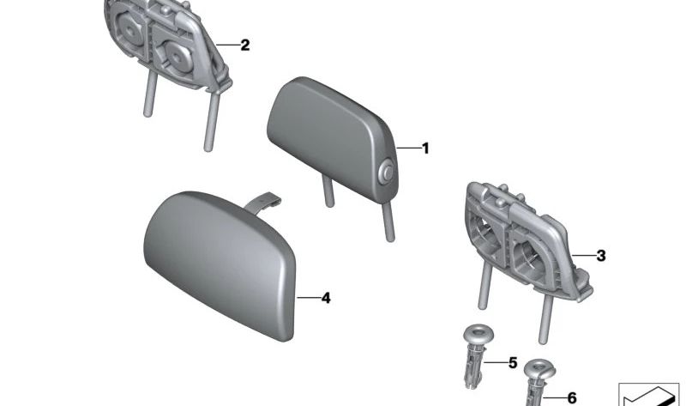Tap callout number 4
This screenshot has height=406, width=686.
pos(325,299)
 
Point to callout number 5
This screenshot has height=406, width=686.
pos(513,363)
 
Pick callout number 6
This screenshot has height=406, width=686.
pos(572,397)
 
